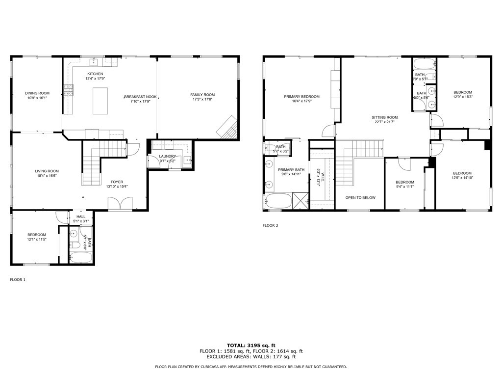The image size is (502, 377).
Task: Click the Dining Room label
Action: [x=37, y=93]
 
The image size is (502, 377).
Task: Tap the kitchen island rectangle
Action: [x=100, y=101]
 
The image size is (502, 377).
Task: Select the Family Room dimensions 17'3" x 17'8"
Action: [x=202, y=99]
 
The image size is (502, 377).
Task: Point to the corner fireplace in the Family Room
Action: [x=228, y=127]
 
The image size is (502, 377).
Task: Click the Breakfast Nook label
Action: [x=140, y=97]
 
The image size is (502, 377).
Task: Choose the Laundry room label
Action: [x=167, y=156]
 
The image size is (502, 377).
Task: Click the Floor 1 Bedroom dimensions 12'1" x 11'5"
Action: [x=37, y=239]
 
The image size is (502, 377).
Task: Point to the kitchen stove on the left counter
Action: [x=68, y=90]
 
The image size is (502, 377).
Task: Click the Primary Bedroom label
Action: [x=301, y=97]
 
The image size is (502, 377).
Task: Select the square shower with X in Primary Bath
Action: [x=300, y=201]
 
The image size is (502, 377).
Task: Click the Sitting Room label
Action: [x=384, y=117]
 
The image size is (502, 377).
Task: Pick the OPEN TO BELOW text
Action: [x=360, y=197]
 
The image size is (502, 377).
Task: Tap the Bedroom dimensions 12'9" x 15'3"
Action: [x=462, y=97]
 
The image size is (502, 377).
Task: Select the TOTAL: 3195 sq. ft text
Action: [x=251, y=345]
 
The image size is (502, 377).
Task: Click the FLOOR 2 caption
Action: [x=270, y=225]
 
